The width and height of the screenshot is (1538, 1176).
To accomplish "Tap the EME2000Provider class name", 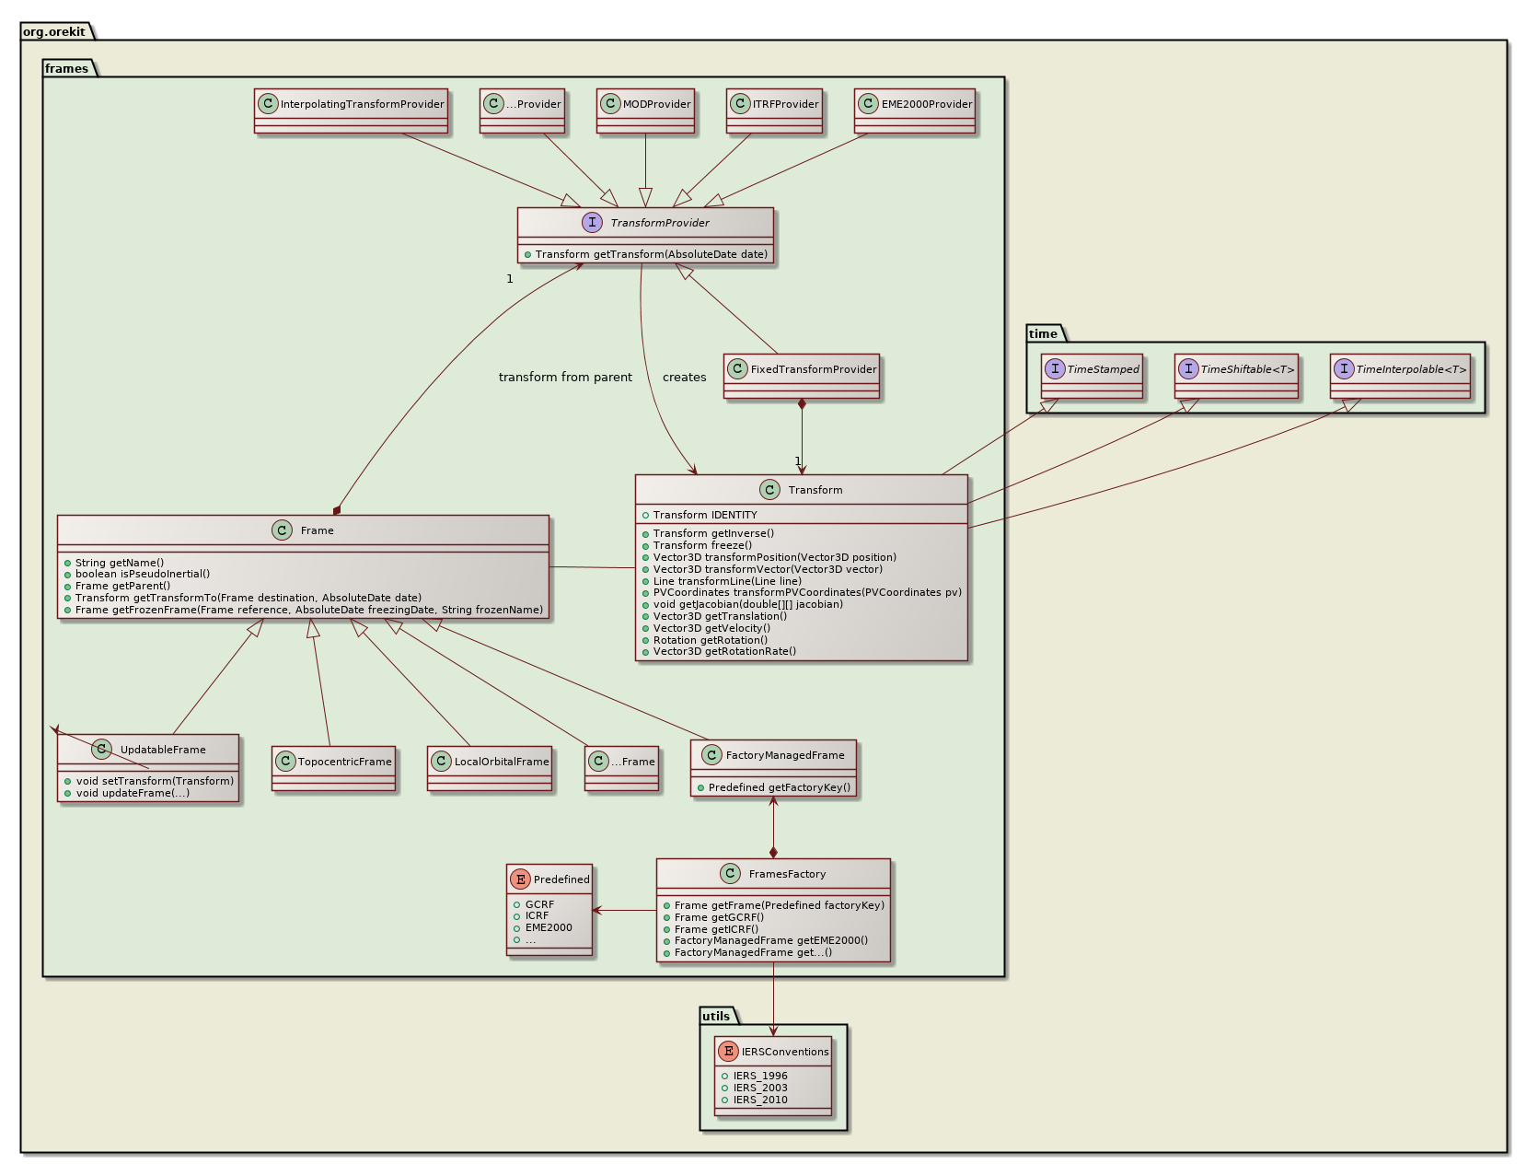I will pos(926,105).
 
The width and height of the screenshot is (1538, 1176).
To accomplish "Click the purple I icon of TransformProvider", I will pos(592,223).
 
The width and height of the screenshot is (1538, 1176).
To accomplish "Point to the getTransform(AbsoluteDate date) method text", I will pos(651,254).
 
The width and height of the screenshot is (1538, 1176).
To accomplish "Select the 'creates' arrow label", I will pos(684,378).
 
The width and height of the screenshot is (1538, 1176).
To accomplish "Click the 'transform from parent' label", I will pos(565,378).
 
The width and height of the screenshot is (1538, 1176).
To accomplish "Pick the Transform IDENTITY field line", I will pos(704,515).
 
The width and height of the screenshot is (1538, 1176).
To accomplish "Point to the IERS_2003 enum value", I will pos(759,1088).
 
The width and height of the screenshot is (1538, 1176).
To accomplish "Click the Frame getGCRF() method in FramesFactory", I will pos(719,917).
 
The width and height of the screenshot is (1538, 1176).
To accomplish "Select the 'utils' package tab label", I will pos(716,1017).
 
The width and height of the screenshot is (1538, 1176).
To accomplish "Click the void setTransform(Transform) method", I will pos(154,782).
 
